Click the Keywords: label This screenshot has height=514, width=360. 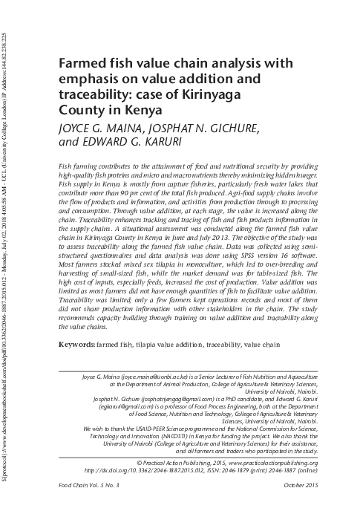click(x=76, y=345)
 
